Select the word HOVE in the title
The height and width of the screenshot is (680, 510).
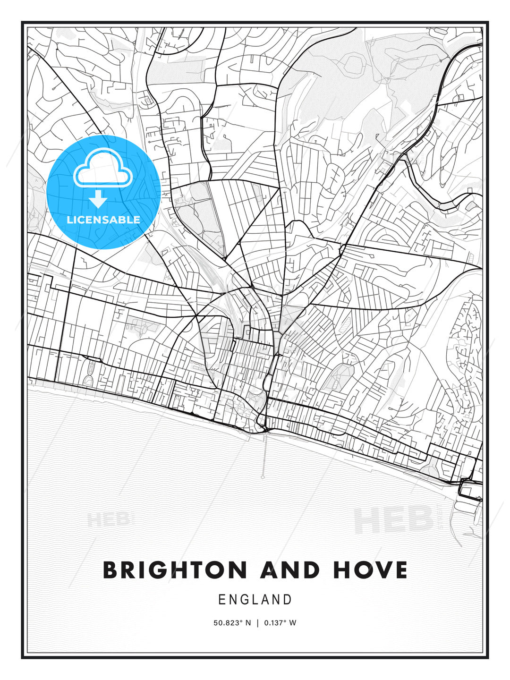click(370, 570)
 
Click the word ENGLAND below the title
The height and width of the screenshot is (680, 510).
click(255, 600)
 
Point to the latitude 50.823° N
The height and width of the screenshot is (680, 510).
click(232, 623)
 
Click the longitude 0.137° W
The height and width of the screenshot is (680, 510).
click(280, 623)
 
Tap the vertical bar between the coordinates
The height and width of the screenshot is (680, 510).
click(258, 623)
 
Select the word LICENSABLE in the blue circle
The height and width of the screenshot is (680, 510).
click(103, 220)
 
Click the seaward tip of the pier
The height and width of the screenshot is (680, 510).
click(263, 476)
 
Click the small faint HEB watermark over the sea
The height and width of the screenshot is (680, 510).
click(108, 520)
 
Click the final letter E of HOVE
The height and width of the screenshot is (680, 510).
click(400, 570)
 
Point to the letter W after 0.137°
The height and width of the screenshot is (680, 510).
click(293, 623)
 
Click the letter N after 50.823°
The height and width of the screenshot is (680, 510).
click(248, 623)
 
